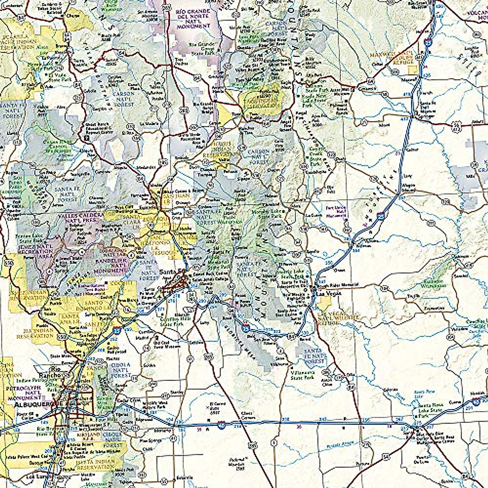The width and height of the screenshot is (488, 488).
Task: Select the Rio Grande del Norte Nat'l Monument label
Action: pyautogui.click(x=194, y=19)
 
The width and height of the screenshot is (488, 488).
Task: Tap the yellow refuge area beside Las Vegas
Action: pyautogui.click(x=326, y=302)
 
